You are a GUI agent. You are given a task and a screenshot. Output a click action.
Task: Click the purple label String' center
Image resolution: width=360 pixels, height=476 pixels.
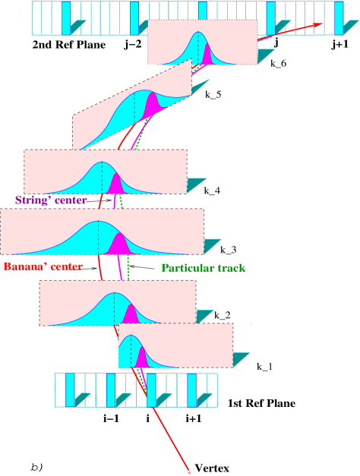[51, 200]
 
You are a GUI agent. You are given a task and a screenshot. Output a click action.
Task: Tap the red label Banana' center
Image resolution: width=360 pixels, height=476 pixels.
[43, 266]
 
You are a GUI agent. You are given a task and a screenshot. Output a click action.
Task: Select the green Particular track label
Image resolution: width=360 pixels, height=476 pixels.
[203, 268]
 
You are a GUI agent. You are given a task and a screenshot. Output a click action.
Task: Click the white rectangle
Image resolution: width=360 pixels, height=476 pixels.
[98, 356]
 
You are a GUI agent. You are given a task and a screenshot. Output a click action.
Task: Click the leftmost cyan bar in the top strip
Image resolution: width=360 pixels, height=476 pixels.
[66, 18]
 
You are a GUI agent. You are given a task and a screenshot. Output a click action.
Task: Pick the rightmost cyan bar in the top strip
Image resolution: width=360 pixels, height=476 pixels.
[339, 18]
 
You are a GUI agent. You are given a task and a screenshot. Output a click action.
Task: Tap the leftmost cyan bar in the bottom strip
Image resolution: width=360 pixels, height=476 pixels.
[70, 389]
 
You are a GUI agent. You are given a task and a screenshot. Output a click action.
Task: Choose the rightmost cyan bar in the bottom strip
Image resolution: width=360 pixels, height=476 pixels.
[191, 389]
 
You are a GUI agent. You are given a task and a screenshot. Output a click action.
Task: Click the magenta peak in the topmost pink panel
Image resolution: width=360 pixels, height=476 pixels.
[208, 55]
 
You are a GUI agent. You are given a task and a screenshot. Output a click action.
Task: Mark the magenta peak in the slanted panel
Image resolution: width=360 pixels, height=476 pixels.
[151, 104]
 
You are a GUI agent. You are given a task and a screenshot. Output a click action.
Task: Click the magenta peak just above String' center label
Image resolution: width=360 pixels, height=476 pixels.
[115, 184]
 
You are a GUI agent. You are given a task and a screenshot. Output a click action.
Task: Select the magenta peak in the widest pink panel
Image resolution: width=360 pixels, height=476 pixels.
[119, 244]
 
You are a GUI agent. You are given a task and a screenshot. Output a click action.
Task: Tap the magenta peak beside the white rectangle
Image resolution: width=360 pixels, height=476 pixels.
[142, 358]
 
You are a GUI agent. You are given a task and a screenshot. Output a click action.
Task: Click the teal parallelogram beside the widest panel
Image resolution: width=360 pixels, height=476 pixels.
[212, 246]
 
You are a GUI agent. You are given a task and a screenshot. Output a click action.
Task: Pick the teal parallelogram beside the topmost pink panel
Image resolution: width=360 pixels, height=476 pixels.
[266, 56]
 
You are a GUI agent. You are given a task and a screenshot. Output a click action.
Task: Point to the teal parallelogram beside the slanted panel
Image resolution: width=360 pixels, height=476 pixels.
[200, 87]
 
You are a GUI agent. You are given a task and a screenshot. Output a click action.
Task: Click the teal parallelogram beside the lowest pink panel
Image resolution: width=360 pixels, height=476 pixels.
[242, 360]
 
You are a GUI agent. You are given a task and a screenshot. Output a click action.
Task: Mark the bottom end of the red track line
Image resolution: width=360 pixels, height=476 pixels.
[188, 471]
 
